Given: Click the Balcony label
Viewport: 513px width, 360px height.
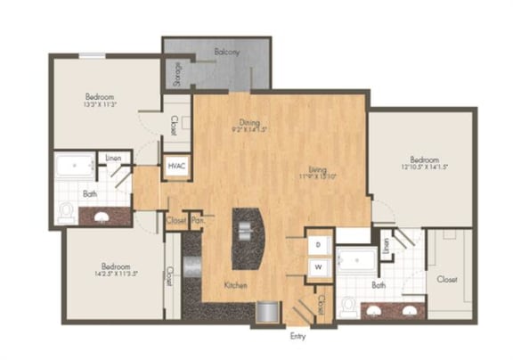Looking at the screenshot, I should (227, 53).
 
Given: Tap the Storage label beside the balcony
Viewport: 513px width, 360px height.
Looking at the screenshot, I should (178, 71).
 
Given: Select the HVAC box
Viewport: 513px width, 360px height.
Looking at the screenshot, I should (175, 167).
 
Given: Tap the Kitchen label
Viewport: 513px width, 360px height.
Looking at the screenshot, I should (235, 285).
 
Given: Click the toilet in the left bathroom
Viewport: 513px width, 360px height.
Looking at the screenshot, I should (66, 212).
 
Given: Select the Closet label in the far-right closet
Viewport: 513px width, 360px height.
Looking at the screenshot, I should (447, 279).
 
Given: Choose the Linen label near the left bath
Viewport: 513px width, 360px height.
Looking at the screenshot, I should (113, 158).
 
